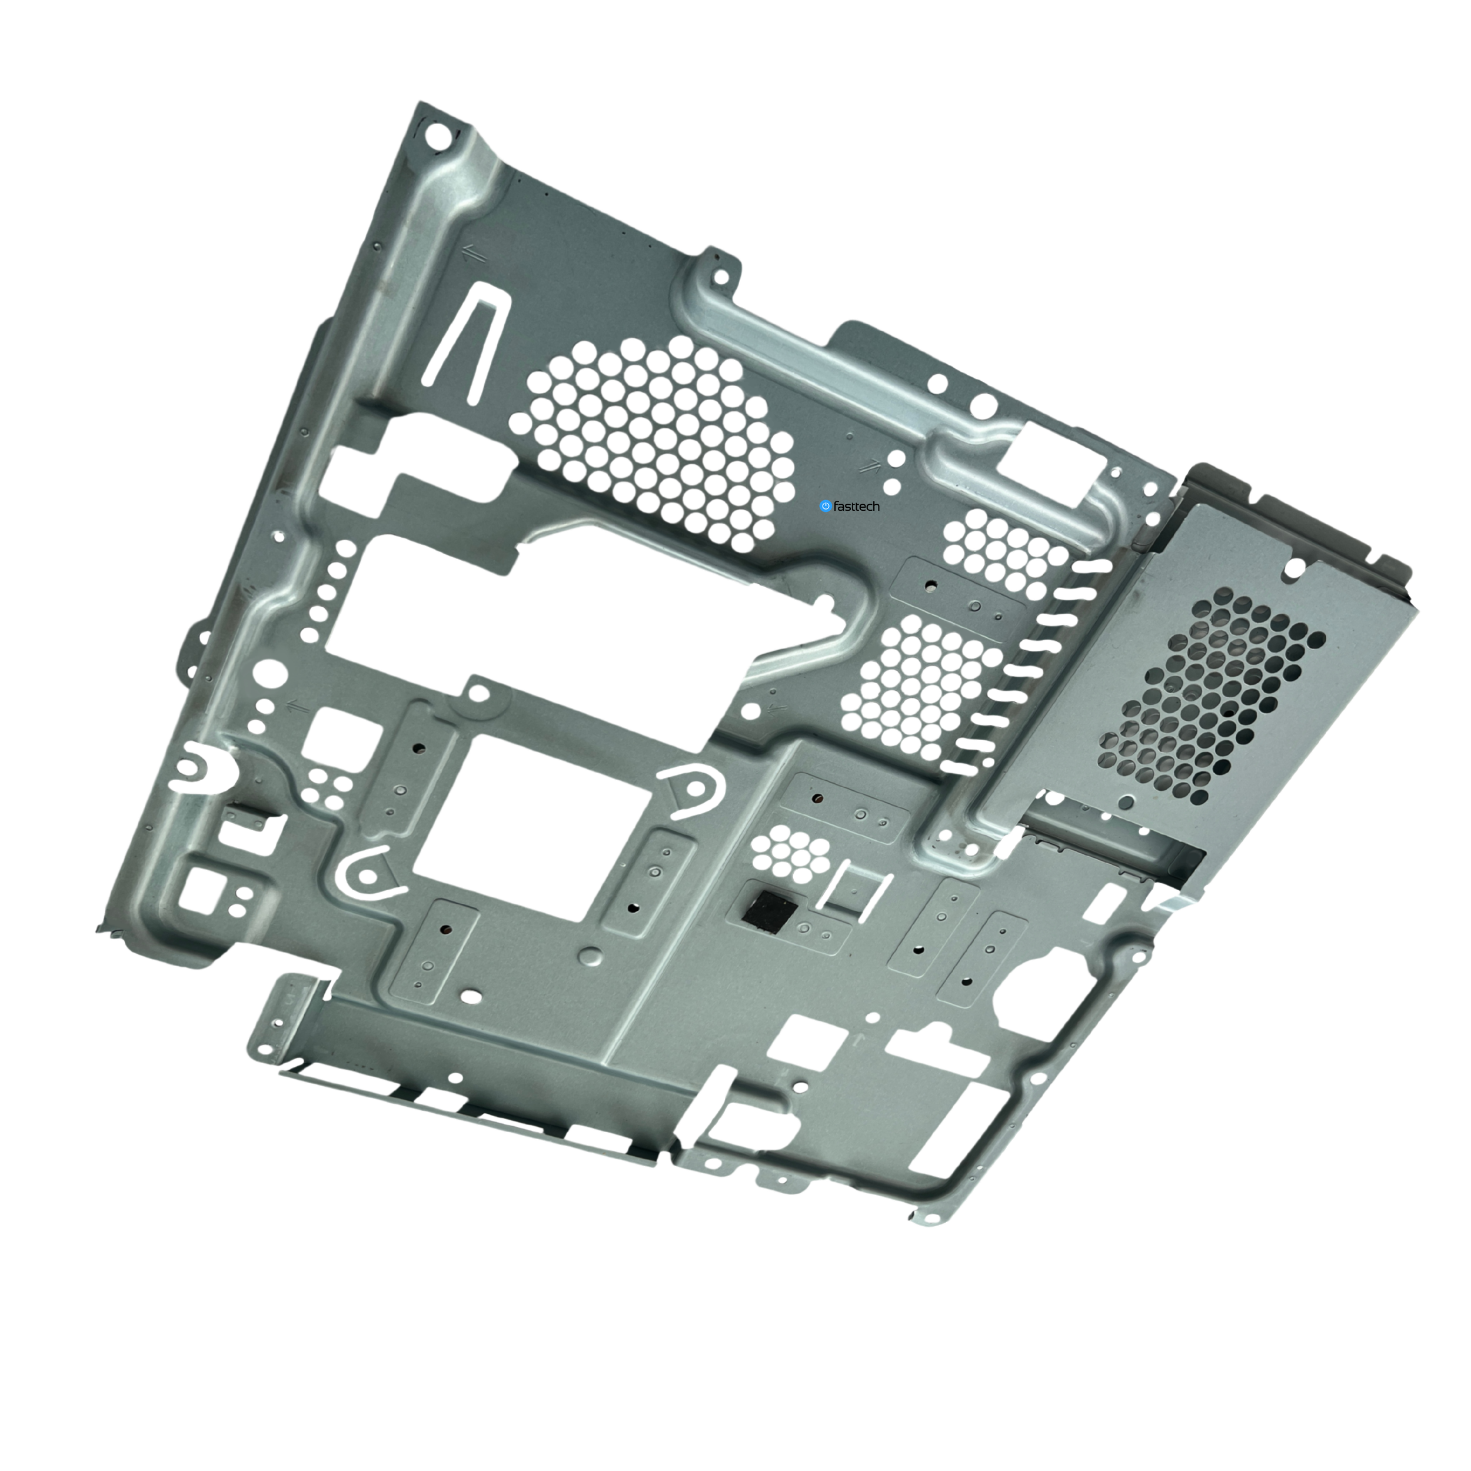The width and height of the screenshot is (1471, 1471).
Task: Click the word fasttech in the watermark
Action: point(857,507)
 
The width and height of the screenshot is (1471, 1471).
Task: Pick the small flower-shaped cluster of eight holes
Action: point(790,851)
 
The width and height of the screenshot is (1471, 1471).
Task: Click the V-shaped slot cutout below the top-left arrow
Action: point(464,342)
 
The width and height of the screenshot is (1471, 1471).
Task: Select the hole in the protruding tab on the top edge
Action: point(720,277)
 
